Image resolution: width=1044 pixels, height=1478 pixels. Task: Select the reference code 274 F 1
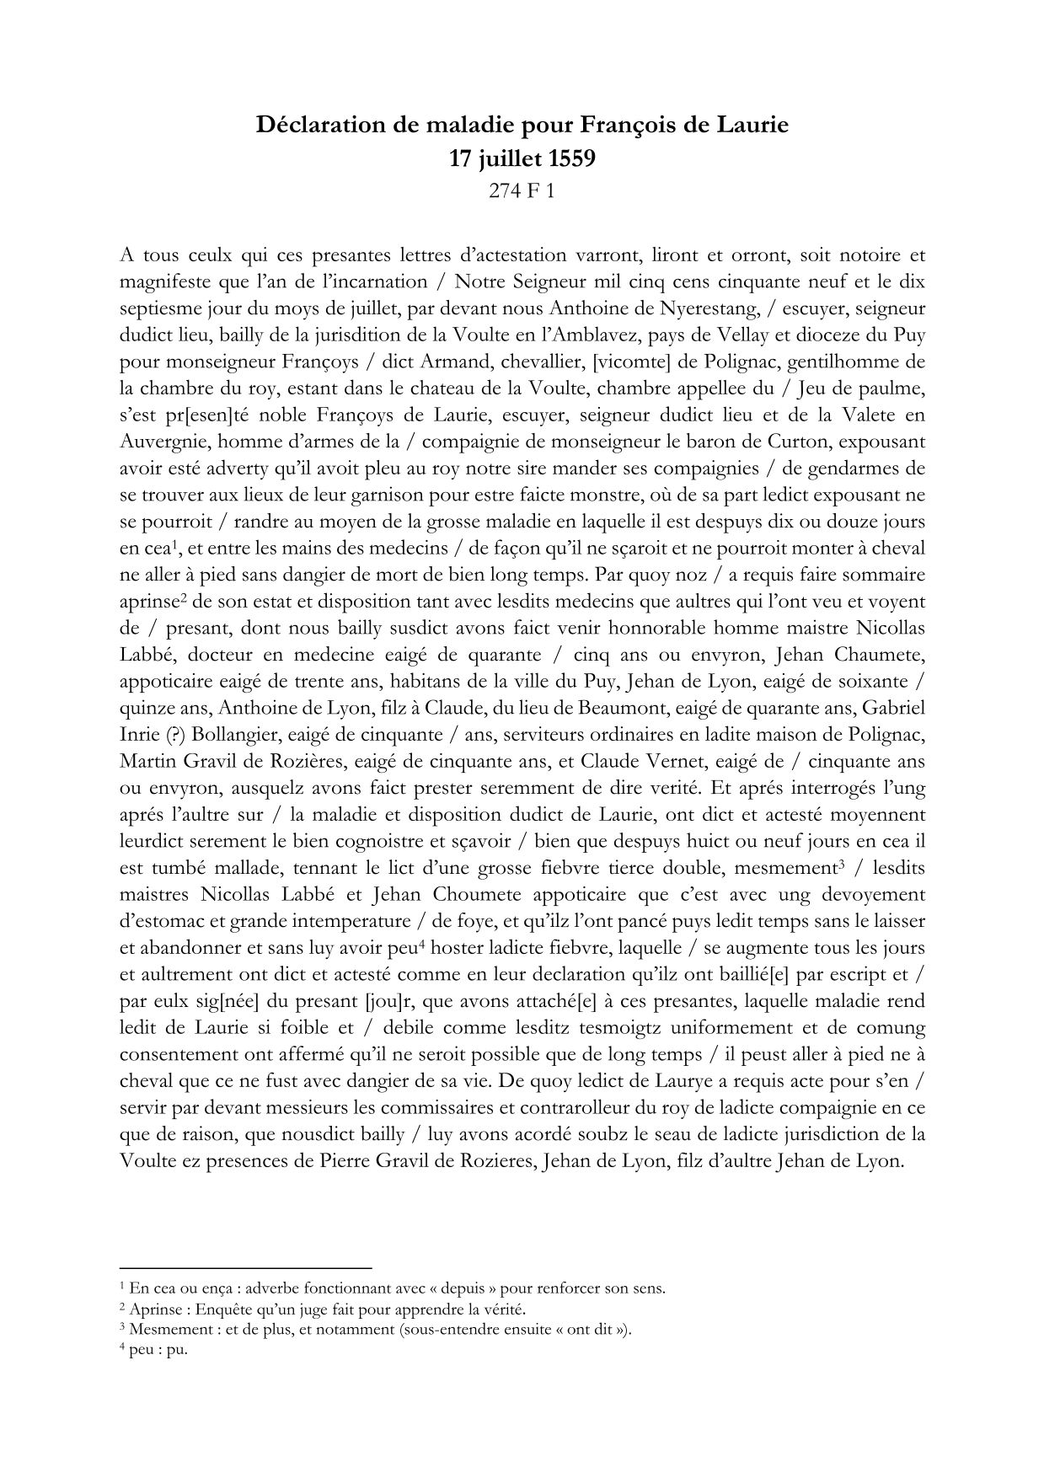point(522,191)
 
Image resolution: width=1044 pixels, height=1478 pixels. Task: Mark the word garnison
point(411,495)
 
